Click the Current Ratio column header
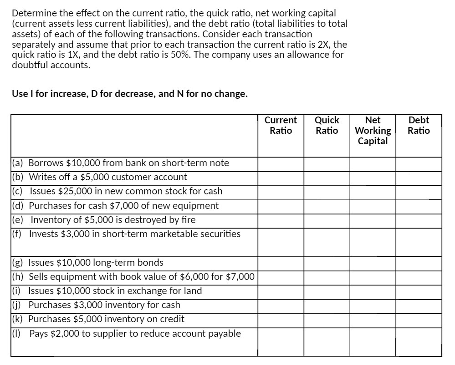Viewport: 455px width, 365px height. (x=281, y=126)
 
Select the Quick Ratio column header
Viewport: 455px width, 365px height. (x=327, y=126)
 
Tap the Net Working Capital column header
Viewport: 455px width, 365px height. (x=373, y=131)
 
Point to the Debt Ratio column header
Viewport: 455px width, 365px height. (x=419, y=126)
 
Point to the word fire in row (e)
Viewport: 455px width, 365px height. (x=188, y=220)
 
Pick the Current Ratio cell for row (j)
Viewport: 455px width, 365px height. (x=281, y=305)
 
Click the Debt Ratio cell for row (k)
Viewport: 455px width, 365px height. (x=419, y=319)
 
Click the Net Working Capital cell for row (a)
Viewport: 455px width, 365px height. (x=373, y=163)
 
